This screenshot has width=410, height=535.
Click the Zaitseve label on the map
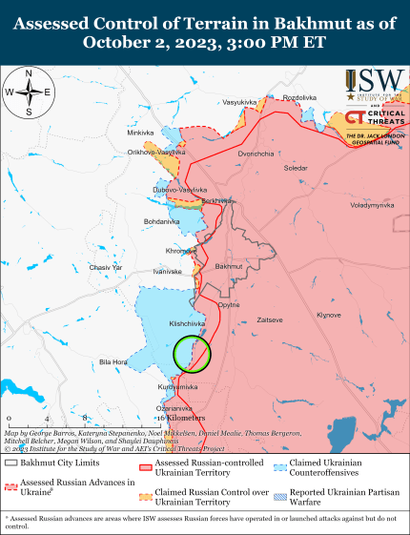click(x=269, y=320)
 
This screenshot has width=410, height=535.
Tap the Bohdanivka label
click(x=160, y=222)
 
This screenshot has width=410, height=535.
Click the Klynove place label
click(x=329, y=315)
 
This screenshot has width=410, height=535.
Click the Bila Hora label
click(x=113, y=362)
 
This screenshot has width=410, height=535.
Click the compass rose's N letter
click(x=29, y=74)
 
